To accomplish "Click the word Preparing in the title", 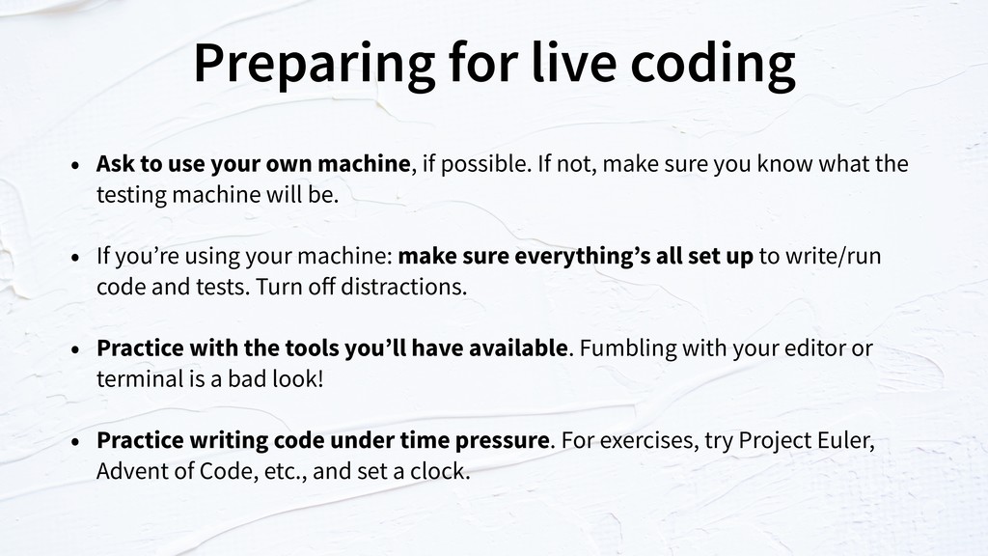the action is pyautogui.click(x=314, y=65).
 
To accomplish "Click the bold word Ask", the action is pyautogui.click(x=116, y=163).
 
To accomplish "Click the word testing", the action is pyautogui.click(x=131, y=195).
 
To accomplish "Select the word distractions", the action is pyautogui.click(x=403, y=287).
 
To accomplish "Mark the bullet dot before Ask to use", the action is pyautogui.click(x=75, y=165).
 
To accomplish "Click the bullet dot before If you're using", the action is pyautogui.click(x=75, y=257).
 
